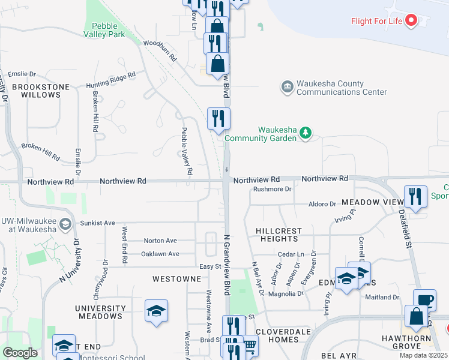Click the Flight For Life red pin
(411, 20)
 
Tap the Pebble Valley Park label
(109, 30)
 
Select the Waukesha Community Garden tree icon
(306, 133)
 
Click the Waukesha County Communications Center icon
(287, 87)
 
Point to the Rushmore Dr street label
(272, 189)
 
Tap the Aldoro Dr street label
(322, 204)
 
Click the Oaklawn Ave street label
(160, 254)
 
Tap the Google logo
(20, 353)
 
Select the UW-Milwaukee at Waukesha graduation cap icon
(65, 225)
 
